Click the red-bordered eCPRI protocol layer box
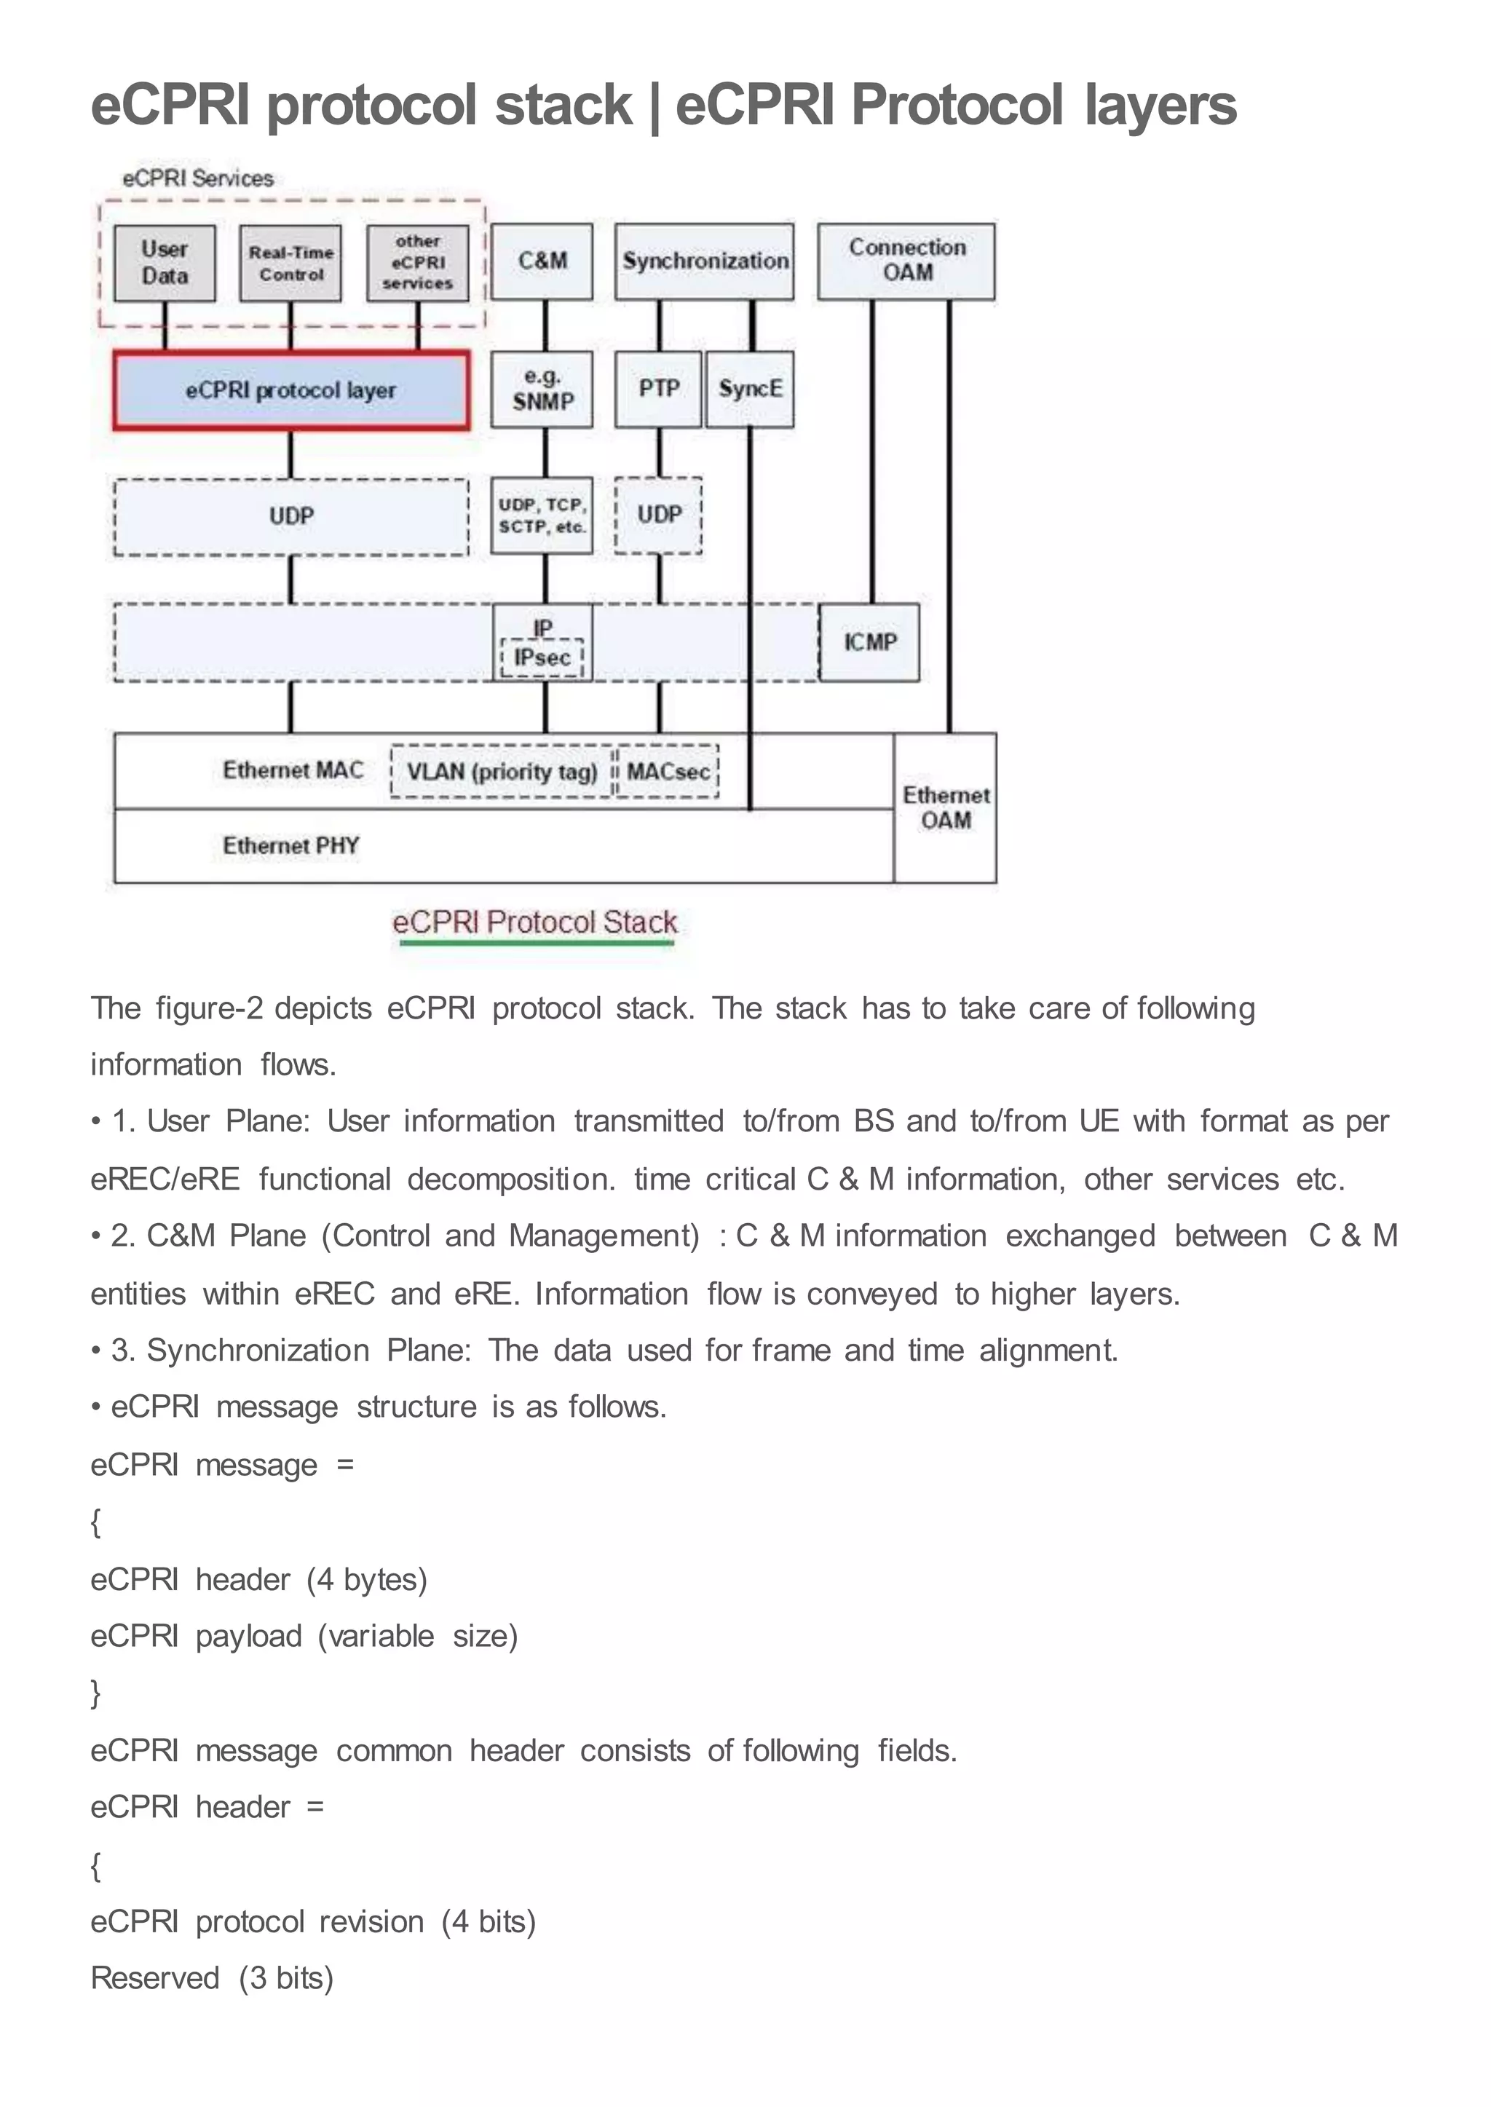pyautogui.click(x=291, y=390)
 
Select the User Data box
pyautogui.click(x=165, y=263)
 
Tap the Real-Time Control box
pyautogui.click(x=291, y=263)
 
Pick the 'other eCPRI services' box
pyautogui.click(x=418, y=263)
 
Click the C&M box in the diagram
pyautogui.click(x=542, y=261)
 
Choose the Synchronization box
pyautogui.click(x=704, y=261)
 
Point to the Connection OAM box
pyautogui.click(x=906, y=261)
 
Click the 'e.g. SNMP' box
pyautogui.click(x=542, y=390)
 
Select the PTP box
pyautogui.click(x=658, y=390)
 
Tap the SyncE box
pyautogui.click(x=750, y=390)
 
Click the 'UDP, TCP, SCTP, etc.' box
pyautogui.click(x=542, y=515)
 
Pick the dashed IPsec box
pyautogui.click(x=542, y=657)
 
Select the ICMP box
pyautogui.click(x=869, y=641)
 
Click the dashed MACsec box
pyautogui.click(x=668, y=771)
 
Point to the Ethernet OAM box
pyautogui.click(x=946, y=808)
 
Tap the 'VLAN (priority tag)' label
pyautogui.click(x=502, y=771)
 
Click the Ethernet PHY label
pyautogui.click(x=291, y=845)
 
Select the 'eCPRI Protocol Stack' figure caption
pyautogui.click(x=534, y=922)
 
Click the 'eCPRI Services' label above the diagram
pyautogui.click(x=198, y=179)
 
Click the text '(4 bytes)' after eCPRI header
pyautogui.click(x=367, y=1579)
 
